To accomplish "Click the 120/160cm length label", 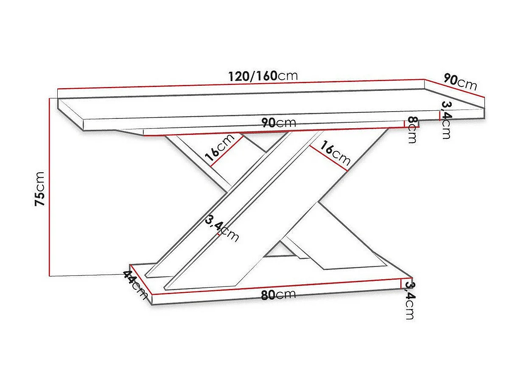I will [x=263, y=76].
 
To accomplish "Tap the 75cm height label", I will [x=40, y=188].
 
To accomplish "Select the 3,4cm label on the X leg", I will [x=221, y=228].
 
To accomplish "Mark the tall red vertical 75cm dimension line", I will [x=50, y=187].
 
